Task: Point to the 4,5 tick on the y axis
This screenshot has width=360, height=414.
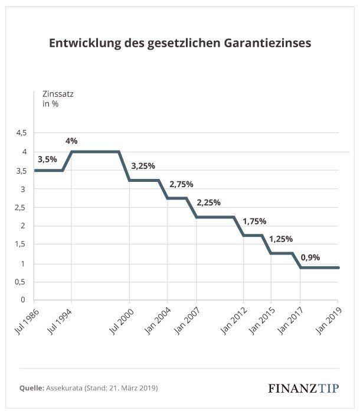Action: click(x=21, y=133)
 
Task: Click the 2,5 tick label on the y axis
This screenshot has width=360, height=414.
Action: click(x=21, y=207)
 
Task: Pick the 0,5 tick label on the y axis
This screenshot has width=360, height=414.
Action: click(x=21, y=282)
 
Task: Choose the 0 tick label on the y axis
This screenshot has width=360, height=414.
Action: click(x=24, y=300)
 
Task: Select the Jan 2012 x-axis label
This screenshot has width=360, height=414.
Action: click(x=233, y=321)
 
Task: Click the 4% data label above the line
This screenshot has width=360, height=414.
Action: click(x=71, y=141)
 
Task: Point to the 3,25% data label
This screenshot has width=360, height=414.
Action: click(x=142, y=167)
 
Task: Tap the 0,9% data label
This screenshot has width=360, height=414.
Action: click(x=311, y=257)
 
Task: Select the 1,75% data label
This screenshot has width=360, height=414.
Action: click(x=254, y=221)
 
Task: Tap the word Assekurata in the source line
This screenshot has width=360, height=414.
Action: click(x=67, y=388)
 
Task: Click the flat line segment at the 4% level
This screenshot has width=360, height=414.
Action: click(x=94, y=152)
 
